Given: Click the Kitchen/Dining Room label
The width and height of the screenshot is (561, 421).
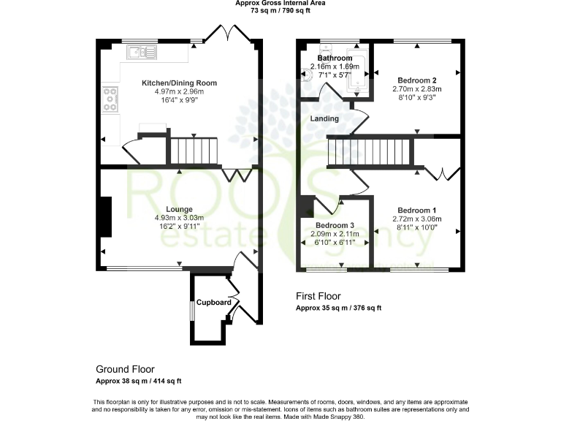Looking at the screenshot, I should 179,83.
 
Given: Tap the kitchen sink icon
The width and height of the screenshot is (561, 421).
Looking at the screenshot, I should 140,52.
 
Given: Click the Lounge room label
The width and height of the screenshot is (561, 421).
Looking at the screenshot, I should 179,209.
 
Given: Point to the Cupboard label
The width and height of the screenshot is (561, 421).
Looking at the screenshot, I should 214,303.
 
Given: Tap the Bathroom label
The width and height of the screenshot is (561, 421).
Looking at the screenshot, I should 335,58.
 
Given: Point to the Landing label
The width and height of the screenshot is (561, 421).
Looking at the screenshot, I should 324,118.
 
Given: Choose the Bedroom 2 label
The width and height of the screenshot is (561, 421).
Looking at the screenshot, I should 417,80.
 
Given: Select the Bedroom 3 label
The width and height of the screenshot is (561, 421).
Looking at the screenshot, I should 335,225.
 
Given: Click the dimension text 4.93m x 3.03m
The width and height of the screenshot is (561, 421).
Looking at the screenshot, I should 179,218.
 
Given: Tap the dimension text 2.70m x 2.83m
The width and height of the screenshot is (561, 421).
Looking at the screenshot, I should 417,89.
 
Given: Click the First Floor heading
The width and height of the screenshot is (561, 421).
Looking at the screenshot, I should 318,296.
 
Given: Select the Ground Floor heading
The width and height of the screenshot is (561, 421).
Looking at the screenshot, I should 125,369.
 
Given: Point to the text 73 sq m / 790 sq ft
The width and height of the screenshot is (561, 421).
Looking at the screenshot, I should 280,11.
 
